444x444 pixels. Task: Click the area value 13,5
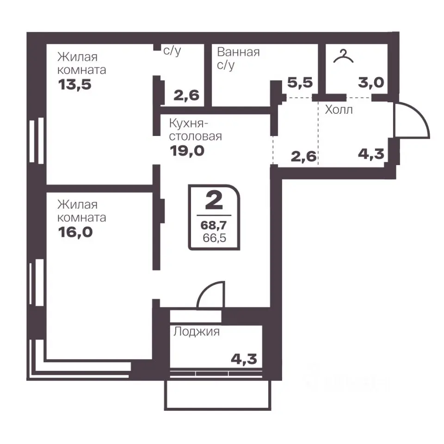click(75, 85)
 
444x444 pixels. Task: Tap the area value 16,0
click(75, 232)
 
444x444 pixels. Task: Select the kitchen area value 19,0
click(187, 151)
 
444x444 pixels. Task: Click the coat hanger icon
click(343, 56)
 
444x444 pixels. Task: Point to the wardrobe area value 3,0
click(371, 83)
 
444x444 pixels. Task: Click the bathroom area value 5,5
click(300, 83)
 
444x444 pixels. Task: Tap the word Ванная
click(238, 52)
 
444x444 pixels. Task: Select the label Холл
click(339, 110)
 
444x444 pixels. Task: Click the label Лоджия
click(197, 332)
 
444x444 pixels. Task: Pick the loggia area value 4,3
click(244, 359)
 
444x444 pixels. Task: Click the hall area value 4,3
click(371, 154)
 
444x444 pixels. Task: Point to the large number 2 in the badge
click(214, 200)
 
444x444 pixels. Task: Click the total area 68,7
click(214, 225)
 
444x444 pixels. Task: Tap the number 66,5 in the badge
click(214, 238)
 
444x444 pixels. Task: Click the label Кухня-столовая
click(195, 130)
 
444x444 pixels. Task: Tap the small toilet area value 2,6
click(186, 95)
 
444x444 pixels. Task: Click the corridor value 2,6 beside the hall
click(303, 157)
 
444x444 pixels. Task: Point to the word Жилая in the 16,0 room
click(77, 204)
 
